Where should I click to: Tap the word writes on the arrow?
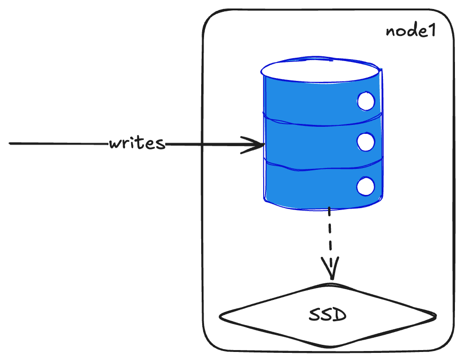click(137, 143)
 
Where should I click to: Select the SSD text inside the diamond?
click(328, 315)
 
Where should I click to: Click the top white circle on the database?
click(366, 101)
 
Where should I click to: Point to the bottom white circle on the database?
click(365, 186)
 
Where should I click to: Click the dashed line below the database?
click(330, 237)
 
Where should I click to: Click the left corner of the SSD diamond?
click(221, 316)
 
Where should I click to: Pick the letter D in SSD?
click(339, 315)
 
